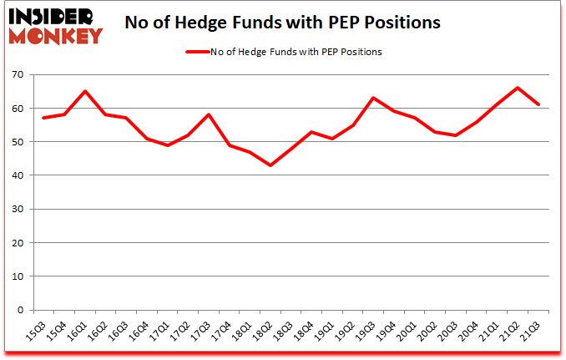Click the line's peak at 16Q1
(85, 91)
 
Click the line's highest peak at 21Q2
(518, 88)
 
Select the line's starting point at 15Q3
(43, 118)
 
